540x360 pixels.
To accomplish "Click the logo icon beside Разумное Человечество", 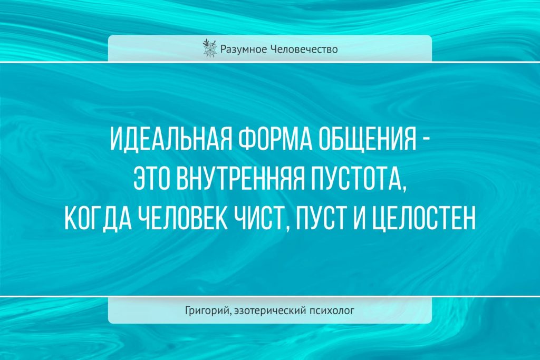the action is (209, 48).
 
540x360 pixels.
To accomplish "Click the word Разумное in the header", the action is (243, 50).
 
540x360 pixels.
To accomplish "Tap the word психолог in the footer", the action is (332, 311).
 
